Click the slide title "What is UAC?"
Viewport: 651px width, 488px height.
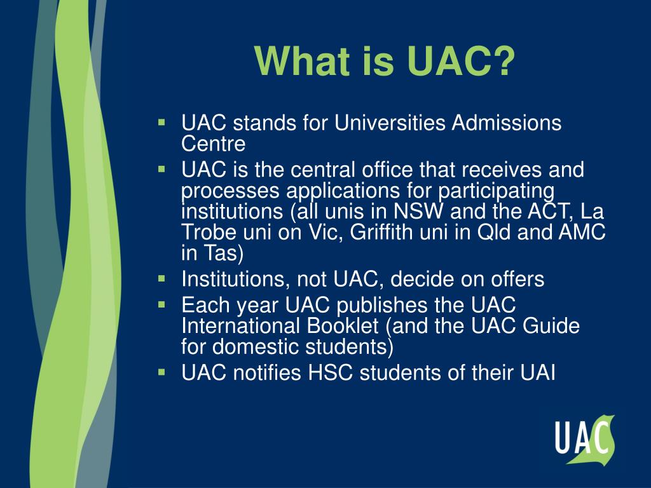[x=384, y=62]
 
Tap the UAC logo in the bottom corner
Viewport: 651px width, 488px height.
[x=584, y=438]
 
